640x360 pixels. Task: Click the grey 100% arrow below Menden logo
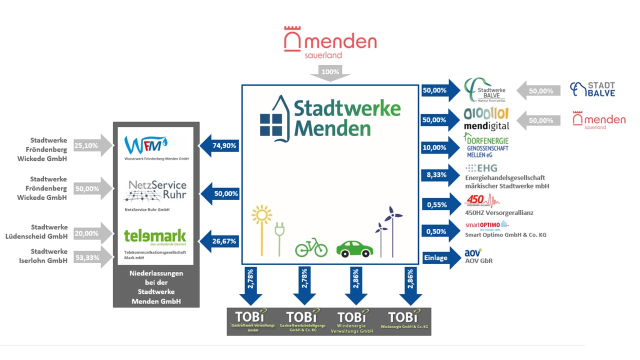point(330,73)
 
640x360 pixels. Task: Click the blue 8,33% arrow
point(440,175)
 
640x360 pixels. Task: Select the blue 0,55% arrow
point(440,204)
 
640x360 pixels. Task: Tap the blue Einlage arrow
point(440,258)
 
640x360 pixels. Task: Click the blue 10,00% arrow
point(440,147)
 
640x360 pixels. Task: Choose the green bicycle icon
point(311,248)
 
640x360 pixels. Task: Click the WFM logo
point(146,145)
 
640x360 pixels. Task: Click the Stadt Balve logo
point(593,89)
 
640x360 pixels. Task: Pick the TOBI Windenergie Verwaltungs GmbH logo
point(356,321)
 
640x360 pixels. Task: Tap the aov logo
point(473,253)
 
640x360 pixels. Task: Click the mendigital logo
point(486,119)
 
